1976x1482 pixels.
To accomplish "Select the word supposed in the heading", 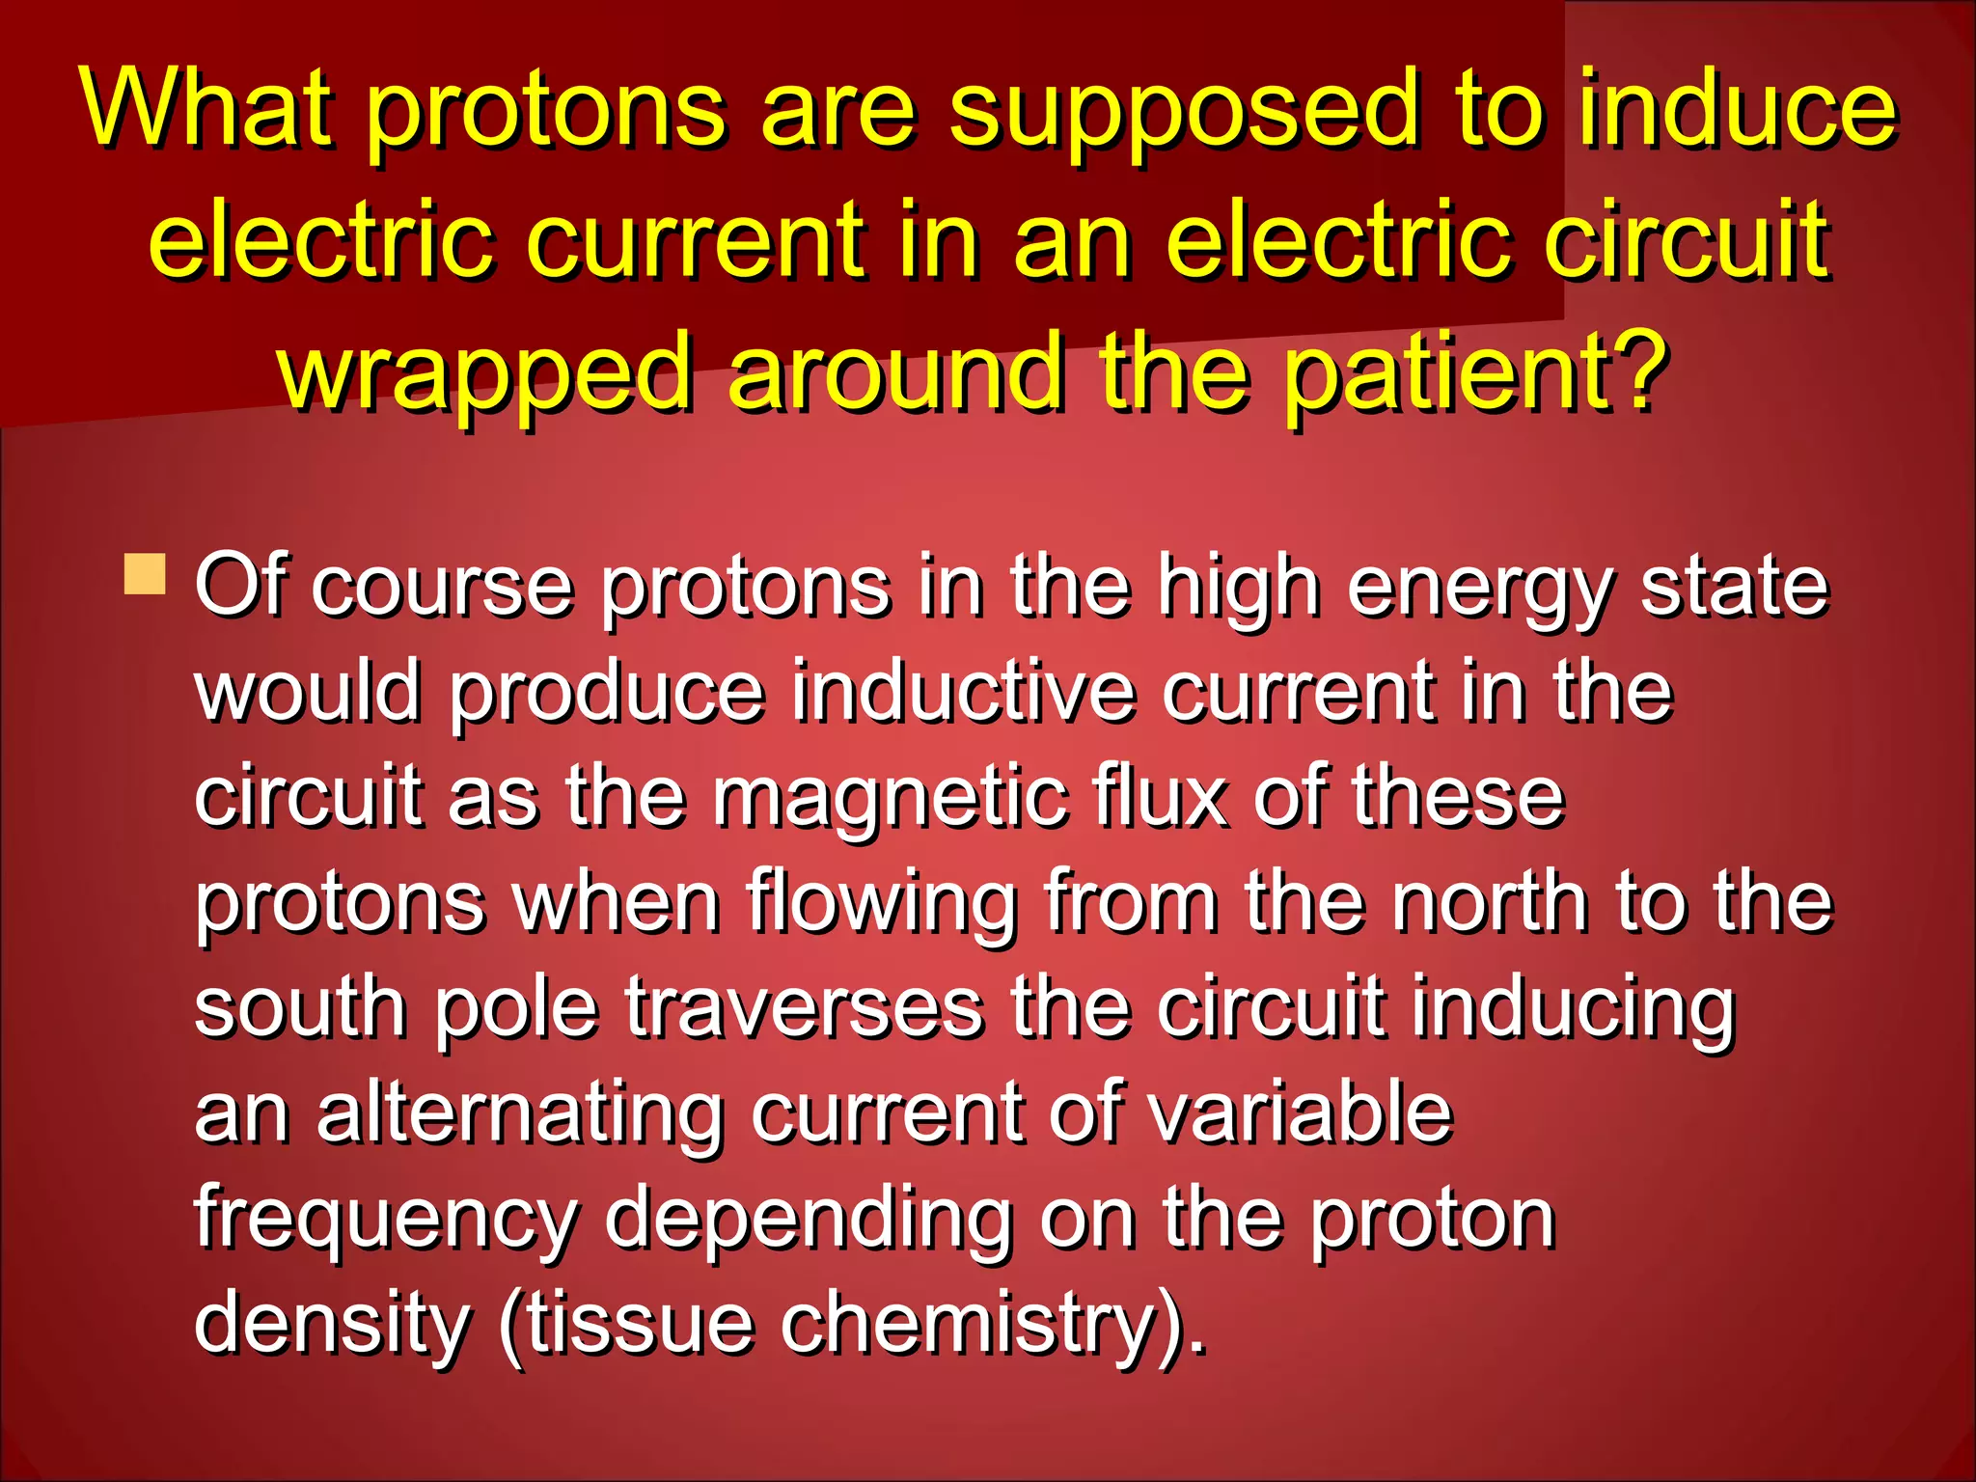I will (x=1184, y=111).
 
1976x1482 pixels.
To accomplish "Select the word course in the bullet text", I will (x=443, y=589).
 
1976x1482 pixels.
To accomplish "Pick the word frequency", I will (x=387, y=1221).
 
